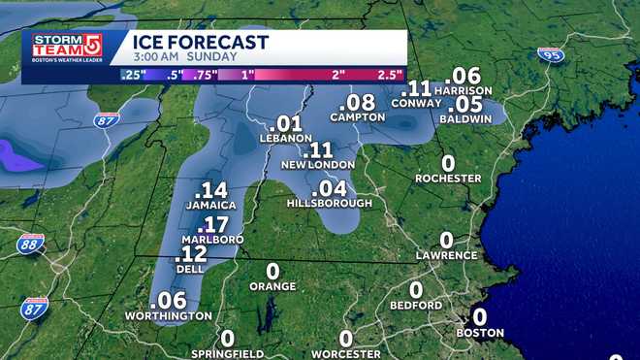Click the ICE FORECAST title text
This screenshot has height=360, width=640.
point(201,42)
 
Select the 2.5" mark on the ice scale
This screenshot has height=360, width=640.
point(389,75)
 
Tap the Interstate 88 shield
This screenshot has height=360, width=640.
point(29,244)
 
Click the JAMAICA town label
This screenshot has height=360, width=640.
point(210,206)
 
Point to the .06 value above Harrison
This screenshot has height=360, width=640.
point(463,76)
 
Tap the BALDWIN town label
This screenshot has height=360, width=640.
point(465,118)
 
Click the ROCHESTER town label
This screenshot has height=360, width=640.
point(449,179)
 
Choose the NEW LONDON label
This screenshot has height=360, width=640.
point(317,165)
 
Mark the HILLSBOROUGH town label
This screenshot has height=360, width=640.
point(330,204)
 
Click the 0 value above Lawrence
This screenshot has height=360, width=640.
point(447,240)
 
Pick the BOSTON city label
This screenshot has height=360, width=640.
point(481,333)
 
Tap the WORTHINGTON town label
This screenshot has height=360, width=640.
point(168,316)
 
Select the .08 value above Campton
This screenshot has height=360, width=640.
point(361,102)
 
